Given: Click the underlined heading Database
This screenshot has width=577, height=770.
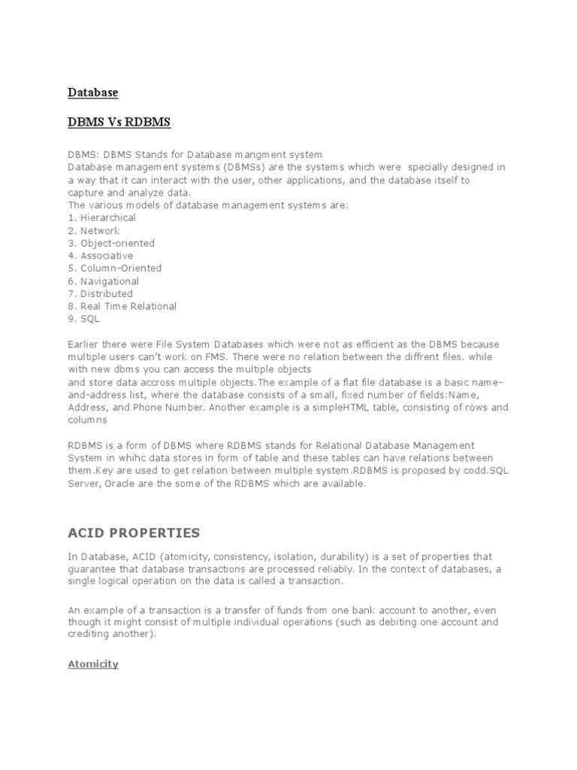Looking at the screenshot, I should (x=93, y=92).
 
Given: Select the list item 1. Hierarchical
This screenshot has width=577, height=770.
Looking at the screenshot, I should (x=101, y=217).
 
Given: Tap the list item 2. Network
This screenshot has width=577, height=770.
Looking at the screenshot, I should (x=93, y=230).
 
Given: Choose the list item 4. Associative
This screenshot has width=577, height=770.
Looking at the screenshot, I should (x=100, y=256).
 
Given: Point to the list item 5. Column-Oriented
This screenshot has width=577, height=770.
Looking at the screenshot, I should (x=114, y=268).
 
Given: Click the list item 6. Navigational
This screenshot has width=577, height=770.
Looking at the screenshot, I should (x=103, y=280).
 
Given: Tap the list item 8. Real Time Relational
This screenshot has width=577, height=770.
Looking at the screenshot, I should (x=122, y=306).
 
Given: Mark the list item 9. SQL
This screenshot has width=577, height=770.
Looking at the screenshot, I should (x=83, y=319).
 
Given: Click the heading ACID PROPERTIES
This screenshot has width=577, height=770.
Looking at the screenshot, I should (x=134, y=533).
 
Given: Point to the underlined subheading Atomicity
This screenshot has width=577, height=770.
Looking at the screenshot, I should (x=93, y=664).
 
